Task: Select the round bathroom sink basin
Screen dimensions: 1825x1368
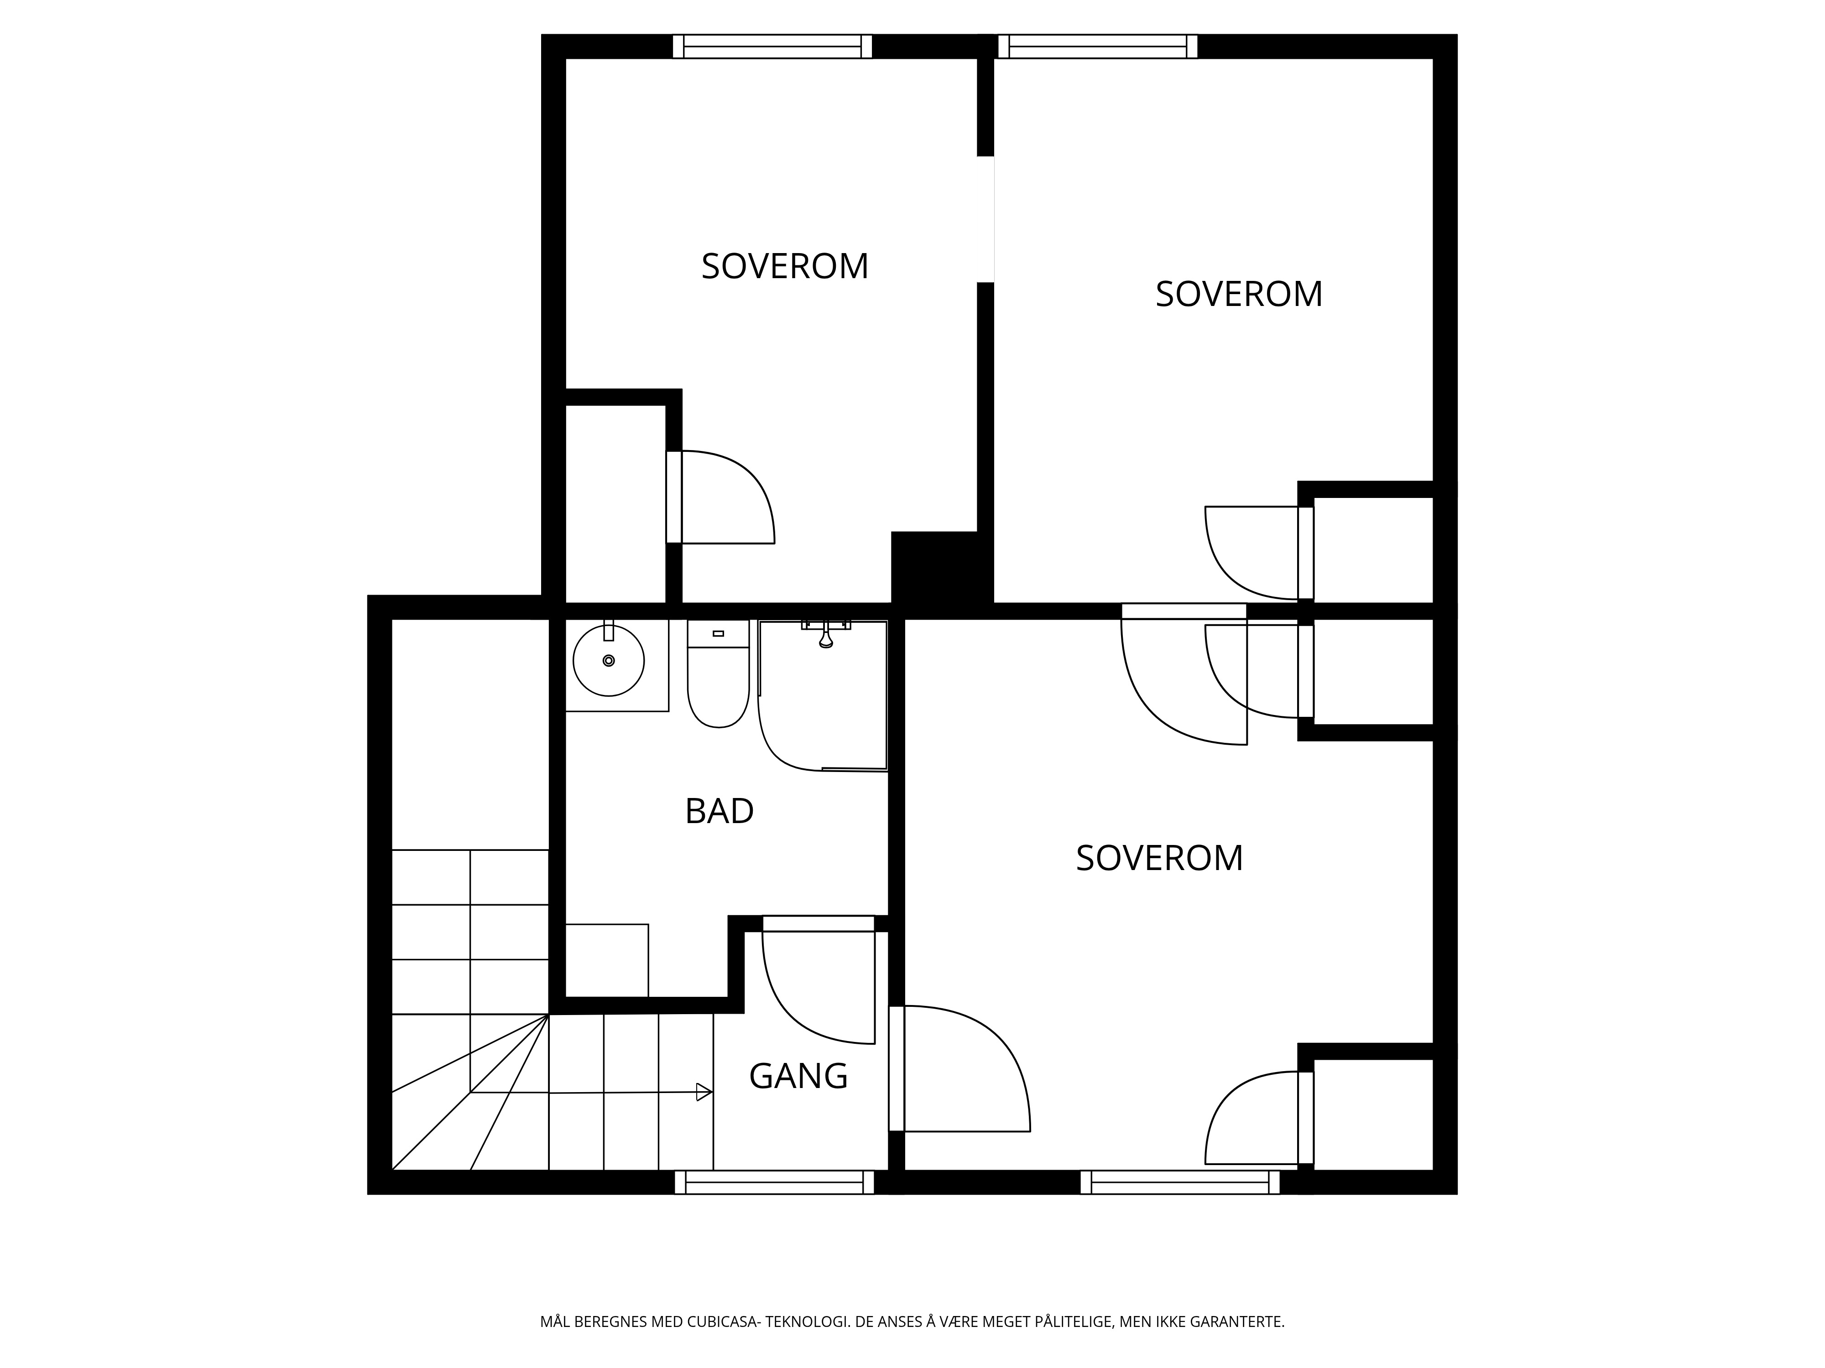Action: coord(609,660)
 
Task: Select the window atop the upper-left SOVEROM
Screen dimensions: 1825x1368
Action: coord(772,46)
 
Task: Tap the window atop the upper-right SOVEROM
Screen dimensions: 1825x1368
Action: coord(1097,46)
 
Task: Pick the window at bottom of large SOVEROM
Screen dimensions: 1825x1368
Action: coord(1180,1182)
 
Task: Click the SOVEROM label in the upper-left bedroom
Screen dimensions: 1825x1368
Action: coord(785,266)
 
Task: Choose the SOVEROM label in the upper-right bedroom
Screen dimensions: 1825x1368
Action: coord(1238,295)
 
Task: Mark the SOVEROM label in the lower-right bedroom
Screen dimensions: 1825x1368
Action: coord(1159,858)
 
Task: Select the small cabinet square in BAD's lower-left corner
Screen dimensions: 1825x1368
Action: coord(606,961)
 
